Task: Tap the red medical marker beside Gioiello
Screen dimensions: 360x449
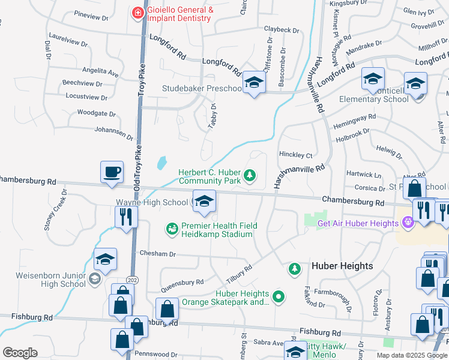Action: [138, 11]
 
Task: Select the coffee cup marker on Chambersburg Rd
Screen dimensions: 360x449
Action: [112, 172]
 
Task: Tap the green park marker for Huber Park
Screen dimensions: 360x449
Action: [250, 176]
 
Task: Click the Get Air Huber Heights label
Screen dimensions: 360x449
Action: [357, 223]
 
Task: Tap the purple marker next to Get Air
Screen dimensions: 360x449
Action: [408, 223]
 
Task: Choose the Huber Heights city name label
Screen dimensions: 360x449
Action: [342, 266]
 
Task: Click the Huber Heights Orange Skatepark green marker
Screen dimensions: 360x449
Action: [279, 296]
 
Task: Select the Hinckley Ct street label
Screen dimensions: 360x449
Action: [296, 154]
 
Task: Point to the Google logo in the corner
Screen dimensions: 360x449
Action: [20, 353]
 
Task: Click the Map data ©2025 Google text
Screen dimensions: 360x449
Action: [412, 355]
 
